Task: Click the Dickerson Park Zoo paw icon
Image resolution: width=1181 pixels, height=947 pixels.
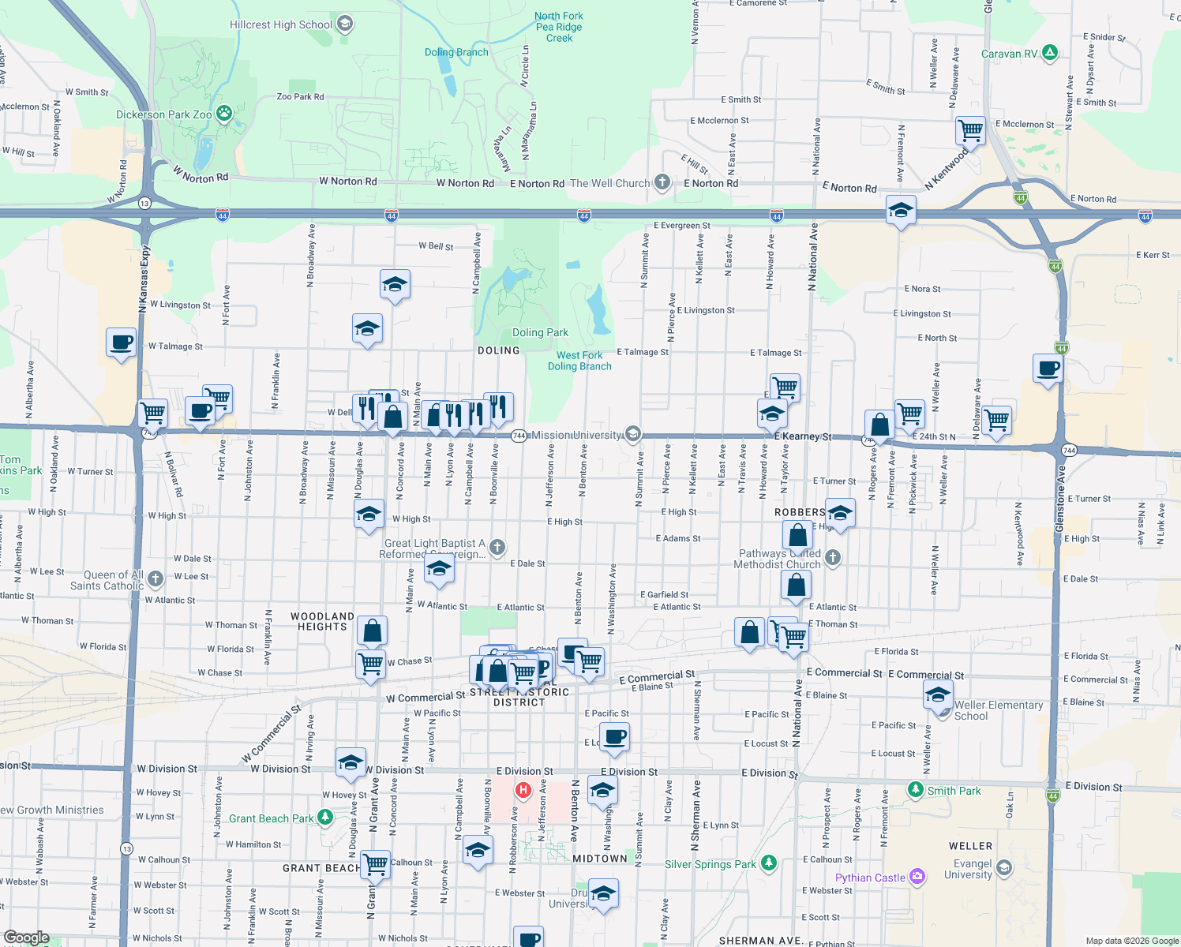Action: [x=224, y=114]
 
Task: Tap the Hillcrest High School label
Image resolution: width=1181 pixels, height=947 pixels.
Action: [x=281, y=24]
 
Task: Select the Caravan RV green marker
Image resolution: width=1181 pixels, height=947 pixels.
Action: [x=1049, y=53]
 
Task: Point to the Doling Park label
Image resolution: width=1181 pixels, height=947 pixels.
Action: [x=540, y=332]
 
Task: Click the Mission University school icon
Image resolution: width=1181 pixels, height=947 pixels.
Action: [x=632, y=434]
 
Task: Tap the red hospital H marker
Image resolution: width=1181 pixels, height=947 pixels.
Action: [x=523, y=789]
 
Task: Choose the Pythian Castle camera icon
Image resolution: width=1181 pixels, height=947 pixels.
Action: [x=917, y=876]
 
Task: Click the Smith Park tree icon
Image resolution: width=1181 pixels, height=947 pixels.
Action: [x=915, y=789]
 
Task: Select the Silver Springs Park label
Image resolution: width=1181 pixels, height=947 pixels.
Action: [x=710, y=864]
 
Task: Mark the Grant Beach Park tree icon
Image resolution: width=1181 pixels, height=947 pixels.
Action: [x=324, y=817]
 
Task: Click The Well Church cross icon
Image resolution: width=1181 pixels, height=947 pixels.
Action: [x=662, y=182]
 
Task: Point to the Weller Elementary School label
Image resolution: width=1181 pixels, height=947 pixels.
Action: [x=999, y=710]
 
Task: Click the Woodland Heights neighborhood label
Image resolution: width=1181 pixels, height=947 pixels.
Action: [x=322, y=621]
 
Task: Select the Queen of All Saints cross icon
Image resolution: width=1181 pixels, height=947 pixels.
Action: [x=156, y=578]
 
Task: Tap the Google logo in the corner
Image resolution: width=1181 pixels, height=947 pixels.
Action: [x=26, y=938]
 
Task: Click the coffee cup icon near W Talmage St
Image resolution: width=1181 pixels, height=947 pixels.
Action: [x=121, y=343]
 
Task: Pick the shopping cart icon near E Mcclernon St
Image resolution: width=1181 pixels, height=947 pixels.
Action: [x=970, y=130]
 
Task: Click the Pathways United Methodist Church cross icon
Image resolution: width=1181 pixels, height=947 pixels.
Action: [x=833, y=558]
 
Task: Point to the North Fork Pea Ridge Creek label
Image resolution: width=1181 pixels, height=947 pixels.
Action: [x=559, y=27]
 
